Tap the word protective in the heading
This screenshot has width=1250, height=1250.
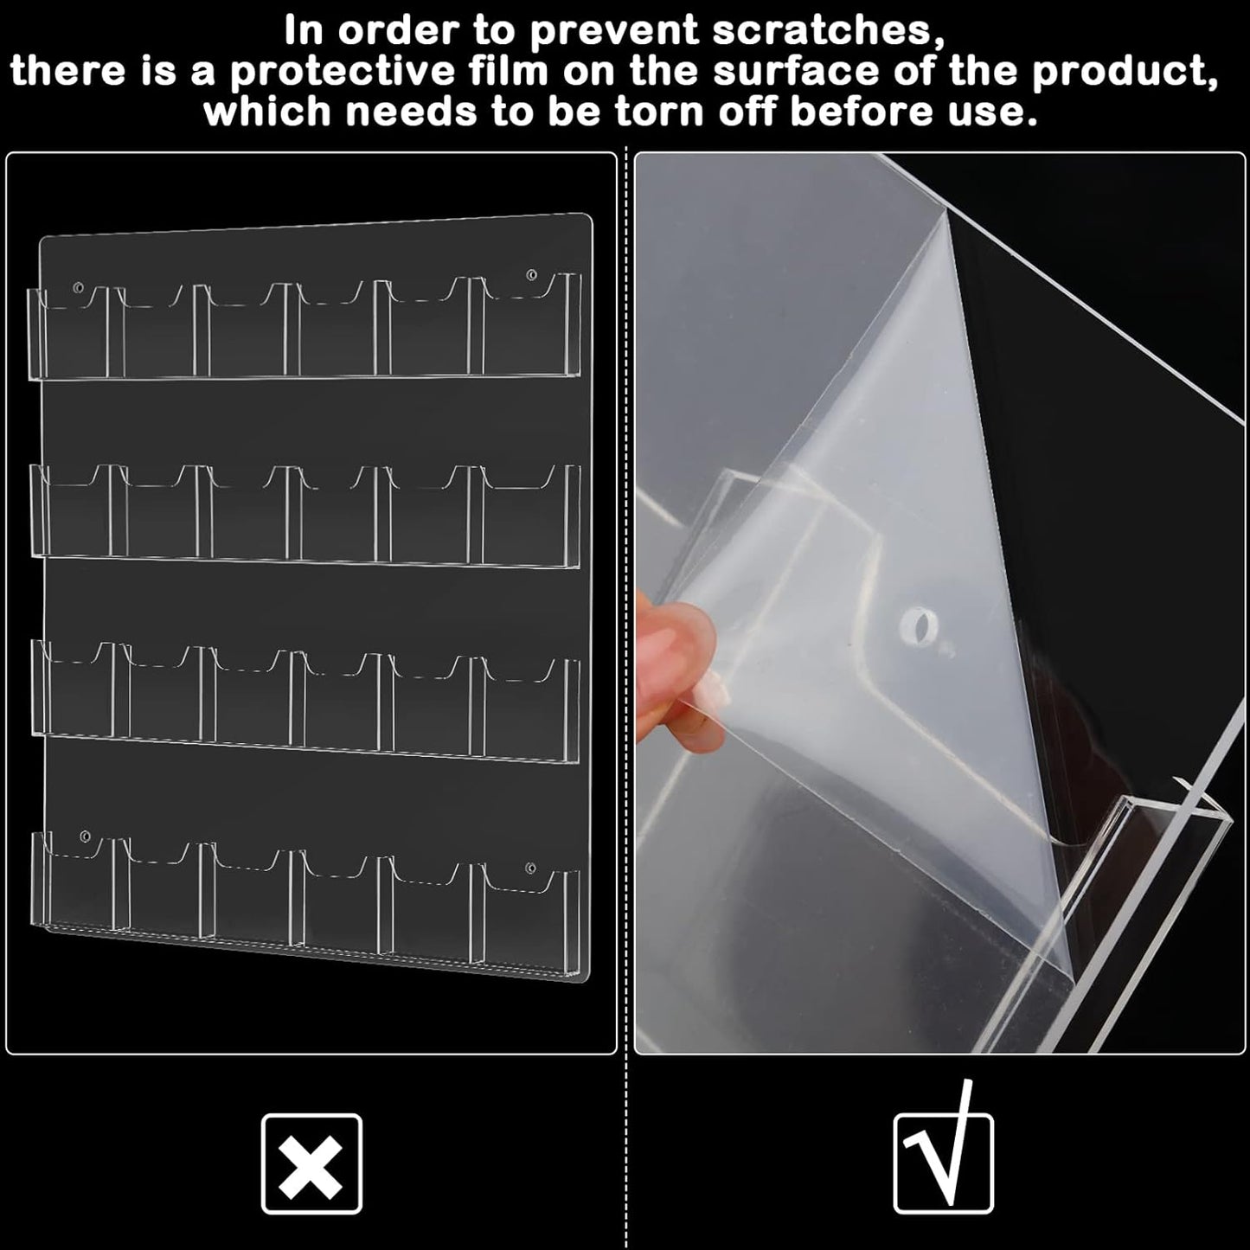click(343, 72)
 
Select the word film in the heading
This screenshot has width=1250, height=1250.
click(506, 71)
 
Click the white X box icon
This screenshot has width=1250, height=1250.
click(311, 1163)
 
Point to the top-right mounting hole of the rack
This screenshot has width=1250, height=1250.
click(531, 275)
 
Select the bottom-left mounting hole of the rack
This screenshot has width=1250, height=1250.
click(85, 836)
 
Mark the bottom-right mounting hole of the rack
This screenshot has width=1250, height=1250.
click(530, 868)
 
